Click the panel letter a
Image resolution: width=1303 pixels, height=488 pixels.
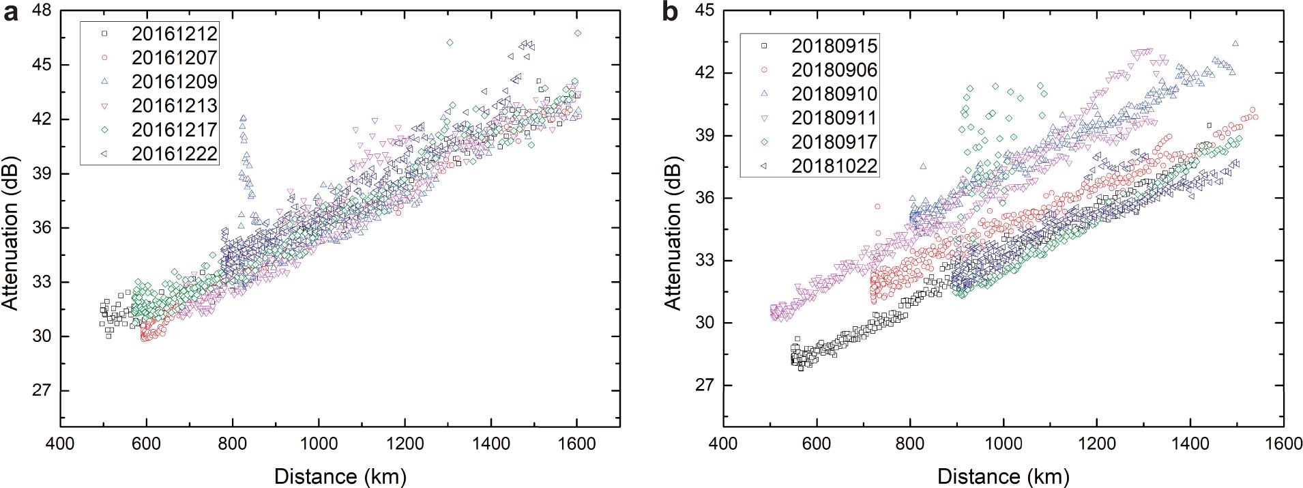pyautogui.click(x=12, y=12)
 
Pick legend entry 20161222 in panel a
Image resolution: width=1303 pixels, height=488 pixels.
pyautogui.click(x=174, y=153)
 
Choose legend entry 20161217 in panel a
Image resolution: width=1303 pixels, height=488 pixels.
pyautogui.click(x=174, y=129)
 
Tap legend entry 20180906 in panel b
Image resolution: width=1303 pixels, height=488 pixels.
pyautogui.click(x=834, y=70)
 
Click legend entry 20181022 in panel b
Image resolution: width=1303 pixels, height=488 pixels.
pyautogui.click(x=834, y=166)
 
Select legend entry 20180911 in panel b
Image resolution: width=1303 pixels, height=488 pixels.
pyautogui.click(x=834, y=117)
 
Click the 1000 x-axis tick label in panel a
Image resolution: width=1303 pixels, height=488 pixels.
pyautogui.click(x=319, y=444)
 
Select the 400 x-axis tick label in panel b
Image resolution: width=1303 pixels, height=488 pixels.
pyautogui.click(x=723, y=444)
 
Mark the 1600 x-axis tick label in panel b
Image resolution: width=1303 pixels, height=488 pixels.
pyautogui.click(x=1284, y=444)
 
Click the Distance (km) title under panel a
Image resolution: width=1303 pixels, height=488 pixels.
pyautogui.click(x=340, y=476)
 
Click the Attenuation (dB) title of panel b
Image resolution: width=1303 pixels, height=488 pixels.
pyautogui.click(x=674, y=218)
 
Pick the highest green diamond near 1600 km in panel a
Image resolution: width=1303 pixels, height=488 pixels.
pyautogui.click(x=578, y=33)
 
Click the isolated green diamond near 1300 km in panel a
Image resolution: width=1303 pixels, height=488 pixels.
pyautogui.click(x=450, y=42)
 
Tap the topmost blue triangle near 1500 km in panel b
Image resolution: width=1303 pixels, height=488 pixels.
pyautogui.click(x=1235, y=44)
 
